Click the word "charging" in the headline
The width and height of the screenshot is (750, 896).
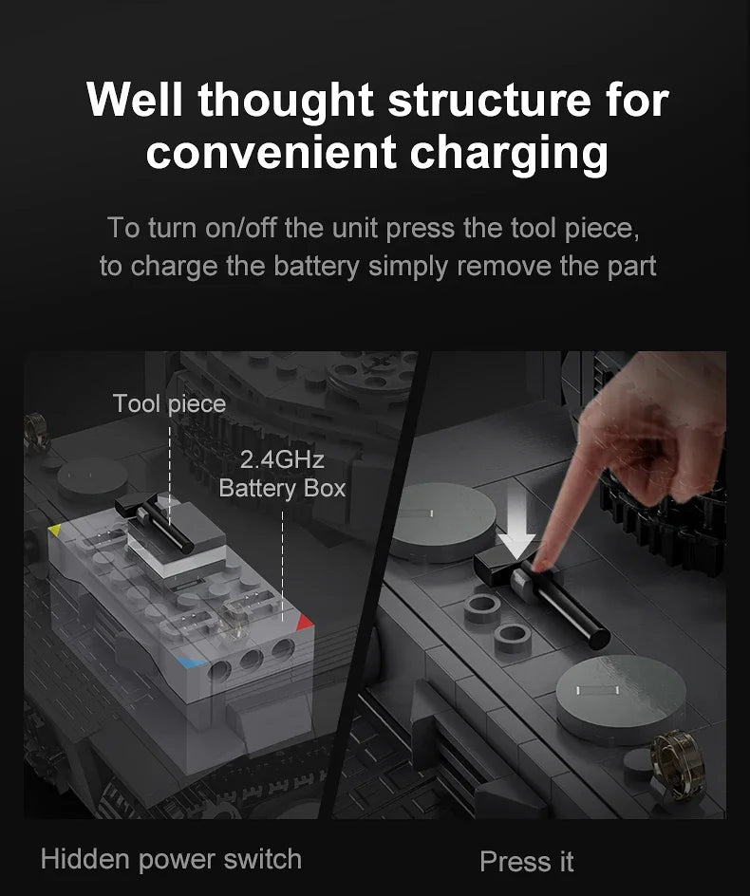pos(509,153)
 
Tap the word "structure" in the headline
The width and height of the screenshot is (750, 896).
pos(488,100)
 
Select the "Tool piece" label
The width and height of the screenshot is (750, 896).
pos(169,404)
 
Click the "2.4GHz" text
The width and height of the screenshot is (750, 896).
pos(282,459)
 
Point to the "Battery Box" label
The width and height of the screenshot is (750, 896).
pos(282,489)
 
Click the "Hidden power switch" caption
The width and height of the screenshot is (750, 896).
pos(171,859)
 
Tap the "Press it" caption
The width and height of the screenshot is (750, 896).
pos(527,862)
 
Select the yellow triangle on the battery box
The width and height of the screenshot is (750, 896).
pos(55,530)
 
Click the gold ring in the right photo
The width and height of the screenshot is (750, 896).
pos(674,763)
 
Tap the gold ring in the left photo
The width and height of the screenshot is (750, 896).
pos(37,432)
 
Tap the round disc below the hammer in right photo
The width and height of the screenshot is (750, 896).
pos(620,699)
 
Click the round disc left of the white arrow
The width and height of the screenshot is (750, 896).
pos(443,521)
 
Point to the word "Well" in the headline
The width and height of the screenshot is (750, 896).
pos(135,100)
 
